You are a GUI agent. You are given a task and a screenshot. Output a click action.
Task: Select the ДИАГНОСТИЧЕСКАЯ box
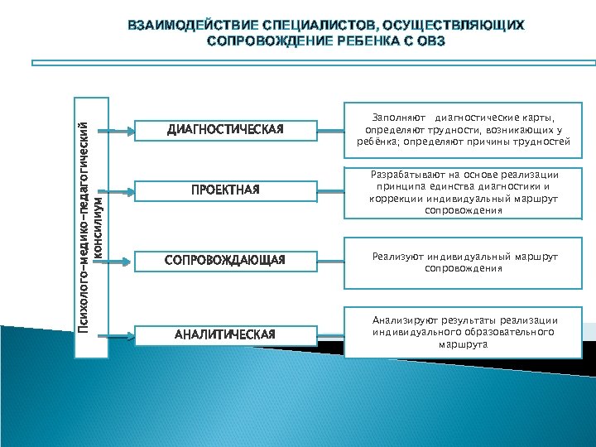click(x=225, y=129)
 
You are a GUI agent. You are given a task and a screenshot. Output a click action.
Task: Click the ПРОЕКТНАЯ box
click(x=225, y=190)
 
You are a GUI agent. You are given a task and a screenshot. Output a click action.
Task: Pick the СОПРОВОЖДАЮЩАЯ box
click(x=225, y=261)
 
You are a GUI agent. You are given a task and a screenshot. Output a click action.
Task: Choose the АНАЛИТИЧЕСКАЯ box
click(x=225, y=334)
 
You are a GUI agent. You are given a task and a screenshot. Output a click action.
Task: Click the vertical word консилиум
click(x=99, y=226)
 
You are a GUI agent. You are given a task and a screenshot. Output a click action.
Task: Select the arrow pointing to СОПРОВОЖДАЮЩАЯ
click(x=122, y=262)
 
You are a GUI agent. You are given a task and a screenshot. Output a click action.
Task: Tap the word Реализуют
click(x=396, y=257)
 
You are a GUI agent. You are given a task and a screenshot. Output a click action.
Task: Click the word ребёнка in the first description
click(x=364, y=142)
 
